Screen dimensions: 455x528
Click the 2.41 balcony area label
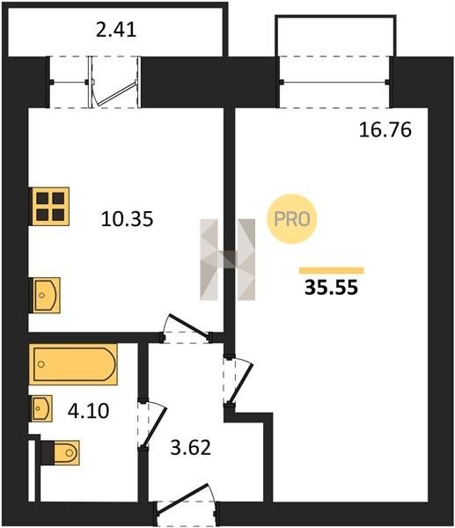(116, 30)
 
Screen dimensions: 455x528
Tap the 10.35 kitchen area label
(127, 218)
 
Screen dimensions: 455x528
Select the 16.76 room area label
(385, 129)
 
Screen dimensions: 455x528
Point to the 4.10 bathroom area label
(88, 411)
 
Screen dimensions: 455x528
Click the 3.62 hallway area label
(191, 448)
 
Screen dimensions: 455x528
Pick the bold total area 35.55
(331, 288)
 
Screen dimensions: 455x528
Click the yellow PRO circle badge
(291, 219)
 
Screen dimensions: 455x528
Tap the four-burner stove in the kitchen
(49, 206)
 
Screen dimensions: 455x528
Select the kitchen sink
(45, 296)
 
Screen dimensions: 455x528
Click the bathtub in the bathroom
(73, 364)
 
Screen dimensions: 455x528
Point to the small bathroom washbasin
(41, 408)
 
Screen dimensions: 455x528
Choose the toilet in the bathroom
(61, 453)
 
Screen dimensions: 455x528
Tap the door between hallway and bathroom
(152, 424)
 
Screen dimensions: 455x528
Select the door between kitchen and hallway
(187, 327)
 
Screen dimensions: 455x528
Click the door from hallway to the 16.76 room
(239, 381)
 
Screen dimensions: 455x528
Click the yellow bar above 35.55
(332, 270)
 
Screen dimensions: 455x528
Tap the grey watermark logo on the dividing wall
(228, 260)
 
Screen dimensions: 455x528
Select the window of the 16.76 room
(334, 82)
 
